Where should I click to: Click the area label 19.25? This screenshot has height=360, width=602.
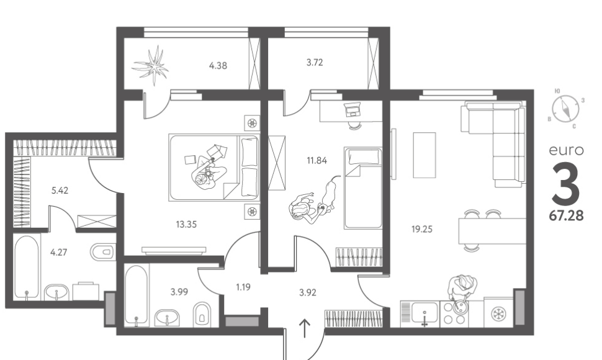[422, 230]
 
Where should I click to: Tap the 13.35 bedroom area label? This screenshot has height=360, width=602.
[186, 225]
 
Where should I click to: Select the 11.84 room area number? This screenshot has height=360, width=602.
[317, 160]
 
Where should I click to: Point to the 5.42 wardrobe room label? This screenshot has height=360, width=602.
[60, 191]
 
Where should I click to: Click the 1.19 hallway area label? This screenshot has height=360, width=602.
[243, 287]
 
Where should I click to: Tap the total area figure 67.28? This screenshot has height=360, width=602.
[566, 216]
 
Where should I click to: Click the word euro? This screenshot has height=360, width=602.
[566, 150]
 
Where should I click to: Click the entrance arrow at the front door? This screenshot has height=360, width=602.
[305, 328]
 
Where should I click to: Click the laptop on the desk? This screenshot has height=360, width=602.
[353, 109]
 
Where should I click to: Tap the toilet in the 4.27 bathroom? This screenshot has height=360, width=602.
[103, 252]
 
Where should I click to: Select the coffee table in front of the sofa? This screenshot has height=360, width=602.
[425, 155]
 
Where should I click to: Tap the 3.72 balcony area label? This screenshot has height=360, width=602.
[315, 62]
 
